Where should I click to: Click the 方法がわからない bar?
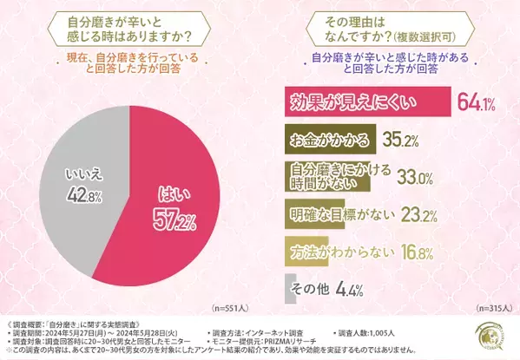[308, 251]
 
